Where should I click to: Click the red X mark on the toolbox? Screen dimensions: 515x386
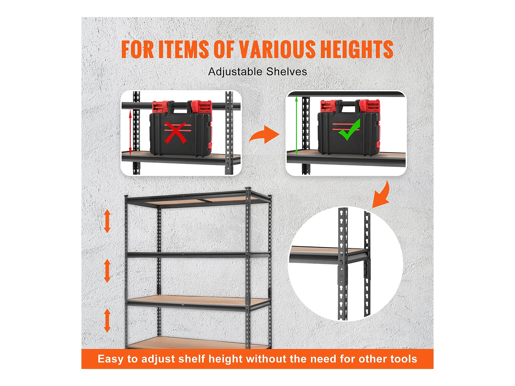[x=175, y=132]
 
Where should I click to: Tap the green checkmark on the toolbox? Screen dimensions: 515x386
[x=349, y=130]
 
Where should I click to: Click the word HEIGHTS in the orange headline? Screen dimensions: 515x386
[x=357, y=49]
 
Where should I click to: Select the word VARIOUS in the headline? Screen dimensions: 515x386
[x=277, y=49]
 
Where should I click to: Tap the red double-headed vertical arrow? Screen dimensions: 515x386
[x=130, y=133]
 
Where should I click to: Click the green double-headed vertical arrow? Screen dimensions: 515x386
[x=296, y=126]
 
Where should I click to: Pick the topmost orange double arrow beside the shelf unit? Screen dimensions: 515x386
[x=107, y=221]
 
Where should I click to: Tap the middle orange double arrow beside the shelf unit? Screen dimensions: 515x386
[x=107, y=271]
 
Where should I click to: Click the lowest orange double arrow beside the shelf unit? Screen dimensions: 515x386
[x=107, y=320]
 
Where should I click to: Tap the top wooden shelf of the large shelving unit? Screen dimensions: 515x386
[x=200, y=200]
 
